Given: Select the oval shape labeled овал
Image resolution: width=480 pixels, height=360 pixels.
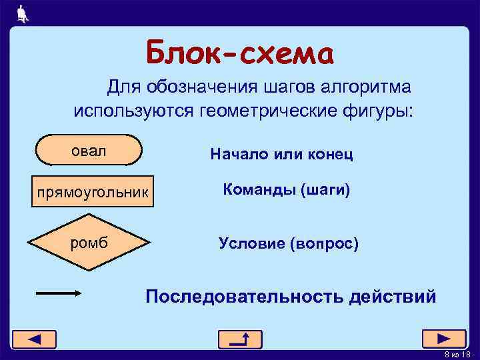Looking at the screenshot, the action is coord(89,150).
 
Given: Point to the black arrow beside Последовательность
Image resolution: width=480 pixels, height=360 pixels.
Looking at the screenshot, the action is coord(59,293).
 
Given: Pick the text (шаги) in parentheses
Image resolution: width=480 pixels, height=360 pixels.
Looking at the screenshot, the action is coord(325,190).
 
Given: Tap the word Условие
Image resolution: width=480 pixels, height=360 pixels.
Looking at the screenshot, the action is coord(251,244).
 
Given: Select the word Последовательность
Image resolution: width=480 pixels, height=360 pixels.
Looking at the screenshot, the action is coord(244,296).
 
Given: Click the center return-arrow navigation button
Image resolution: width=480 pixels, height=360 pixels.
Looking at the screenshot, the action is coord(240,339).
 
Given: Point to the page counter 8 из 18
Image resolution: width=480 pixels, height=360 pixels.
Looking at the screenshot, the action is coord(457,354).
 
